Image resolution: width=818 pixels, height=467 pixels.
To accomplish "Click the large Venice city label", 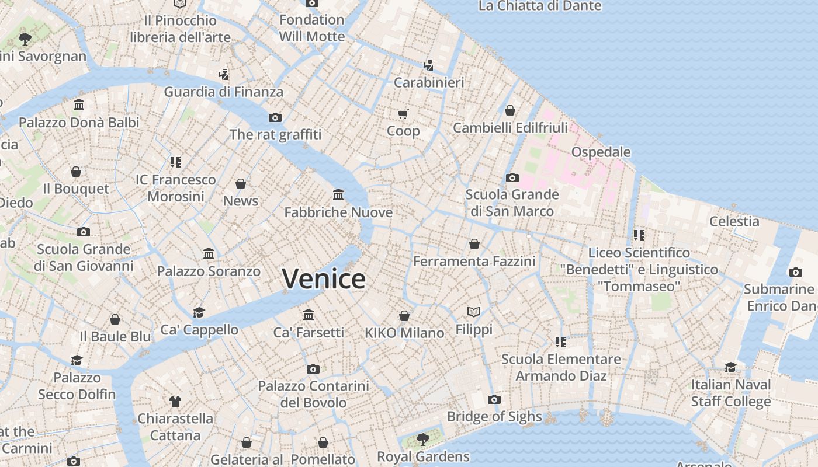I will tap(324, 278).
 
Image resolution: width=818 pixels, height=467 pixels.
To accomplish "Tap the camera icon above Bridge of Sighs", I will tap(494, 400).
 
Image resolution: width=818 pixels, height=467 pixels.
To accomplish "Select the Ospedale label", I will tap(601, 152).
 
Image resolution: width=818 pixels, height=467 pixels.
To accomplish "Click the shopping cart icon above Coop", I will tap(403, 114).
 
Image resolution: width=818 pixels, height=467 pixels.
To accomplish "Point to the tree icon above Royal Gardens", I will tap(422, 439).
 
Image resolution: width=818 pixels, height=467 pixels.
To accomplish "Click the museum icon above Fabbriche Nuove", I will tap(338, 194).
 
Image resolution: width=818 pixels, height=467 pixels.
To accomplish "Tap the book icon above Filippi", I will tap(474, 312).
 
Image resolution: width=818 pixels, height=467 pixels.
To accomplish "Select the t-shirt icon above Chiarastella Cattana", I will tap(175, 401).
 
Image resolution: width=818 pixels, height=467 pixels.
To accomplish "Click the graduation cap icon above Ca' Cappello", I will tap(199, 312).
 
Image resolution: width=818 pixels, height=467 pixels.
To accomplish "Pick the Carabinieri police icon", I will tap(429, 65).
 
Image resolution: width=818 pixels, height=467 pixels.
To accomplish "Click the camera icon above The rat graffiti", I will tap(275, 117).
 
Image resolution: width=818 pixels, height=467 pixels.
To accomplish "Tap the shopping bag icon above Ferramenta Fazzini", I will tap(474, 244).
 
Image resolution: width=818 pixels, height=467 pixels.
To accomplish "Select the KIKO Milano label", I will tap(404, 333).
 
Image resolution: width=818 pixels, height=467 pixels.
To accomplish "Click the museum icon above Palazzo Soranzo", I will tap(209, 254).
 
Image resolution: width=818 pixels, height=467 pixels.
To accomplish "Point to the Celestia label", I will tap(734, 222).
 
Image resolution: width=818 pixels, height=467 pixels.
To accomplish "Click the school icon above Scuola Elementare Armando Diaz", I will tap(561, 341).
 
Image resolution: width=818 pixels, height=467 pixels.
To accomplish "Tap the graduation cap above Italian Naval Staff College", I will tap(731, 367).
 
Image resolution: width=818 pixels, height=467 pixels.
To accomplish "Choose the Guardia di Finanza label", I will tap(223, 92).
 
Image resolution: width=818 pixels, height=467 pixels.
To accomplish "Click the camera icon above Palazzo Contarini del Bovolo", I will tap(313, 369).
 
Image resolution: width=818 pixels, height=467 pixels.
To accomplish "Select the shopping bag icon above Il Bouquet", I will tap(76, 172).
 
